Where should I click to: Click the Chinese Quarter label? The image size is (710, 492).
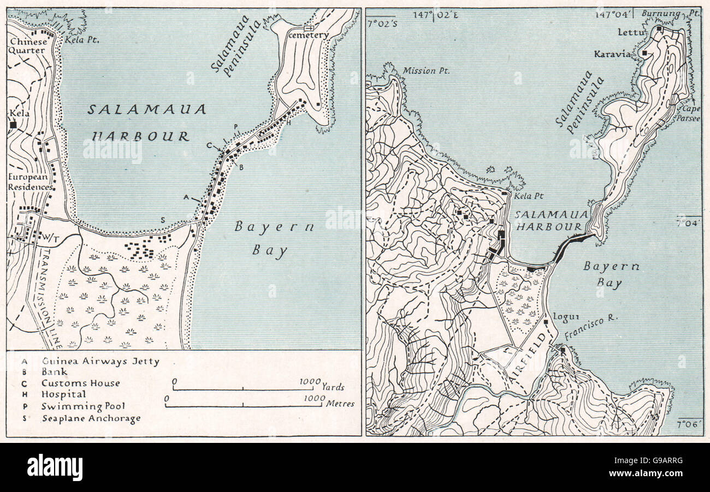point(27,46)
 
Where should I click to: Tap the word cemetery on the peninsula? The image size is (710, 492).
point(309,35)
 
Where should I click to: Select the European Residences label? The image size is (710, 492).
point(29,182)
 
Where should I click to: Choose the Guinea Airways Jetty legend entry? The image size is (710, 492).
point(100,361)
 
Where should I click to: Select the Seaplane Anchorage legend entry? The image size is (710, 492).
point(91,418)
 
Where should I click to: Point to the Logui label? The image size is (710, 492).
point(562,316)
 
